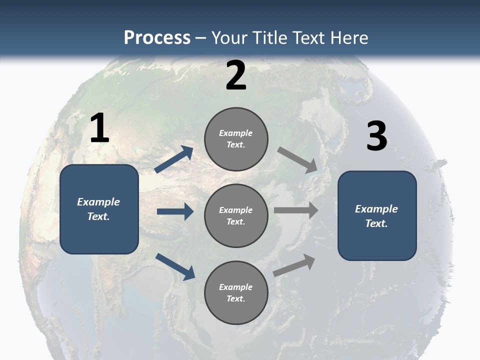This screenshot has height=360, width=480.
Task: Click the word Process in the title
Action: tap(157, 38)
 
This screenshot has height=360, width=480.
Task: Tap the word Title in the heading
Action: tap(268, 38)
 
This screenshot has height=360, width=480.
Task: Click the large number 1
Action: tap(99, 128)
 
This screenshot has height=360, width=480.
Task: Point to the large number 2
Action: tap(236, 75)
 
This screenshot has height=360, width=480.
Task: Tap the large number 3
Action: tap(376, 136)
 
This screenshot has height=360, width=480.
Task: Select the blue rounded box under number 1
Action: tap(99, 209)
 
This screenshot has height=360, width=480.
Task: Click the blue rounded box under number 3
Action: tap(377, 216)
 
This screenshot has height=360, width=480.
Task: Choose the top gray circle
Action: tap(236, 139)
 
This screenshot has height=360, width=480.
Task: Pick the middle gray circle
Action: tap(236, 216)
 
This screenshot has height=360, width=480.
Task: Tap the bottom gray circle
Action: tap(236, 293)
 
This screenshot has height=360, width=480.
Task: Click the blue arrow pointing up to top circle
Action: tap(174, 159)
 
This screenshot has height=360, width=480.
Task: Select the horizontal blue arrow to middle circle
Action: tap(175, 211)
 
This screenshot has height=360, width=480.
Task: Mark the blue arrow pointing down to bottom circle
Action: tap(175, 266)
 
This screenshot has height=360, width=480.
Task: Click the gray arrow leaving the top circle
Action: tap(297, 160)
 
